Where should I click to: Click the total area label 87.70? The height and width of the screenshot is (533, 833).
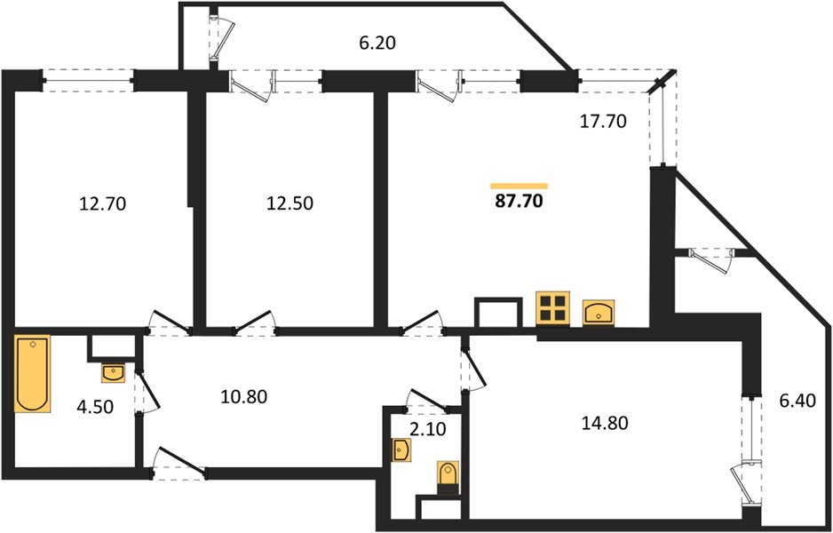click(x=519, y=202)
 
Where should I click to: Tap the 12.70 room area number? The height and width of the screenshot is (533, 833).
click(x=103, y=203)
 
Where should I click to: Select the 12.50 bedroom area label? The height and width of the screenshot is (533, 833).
click(x=290, y=203)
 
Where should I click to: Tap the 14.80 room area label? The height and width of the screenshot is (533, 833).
click(x=605, y=423)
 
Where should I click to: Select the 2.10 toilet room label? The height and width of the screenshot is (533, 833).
click(x=422, y=432)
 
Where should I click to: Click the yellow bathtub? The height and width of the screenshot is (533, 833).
click(x=34, y=373)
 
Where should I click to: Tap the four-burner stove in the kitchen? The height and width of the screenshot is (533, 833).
click(x=552, y=310)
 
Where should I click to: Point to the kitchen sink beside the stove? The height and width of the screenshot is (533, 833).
click(x=600, y=311)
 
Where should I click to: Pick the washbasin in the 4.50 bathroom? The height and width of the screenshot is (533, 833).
click(x=114, y=373)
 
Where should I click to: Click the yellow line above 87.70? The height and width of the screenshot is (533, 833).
click(x=519, y=185)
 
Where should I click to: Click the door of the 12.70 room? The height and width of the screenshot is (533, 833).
click(x=169, y=322)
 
